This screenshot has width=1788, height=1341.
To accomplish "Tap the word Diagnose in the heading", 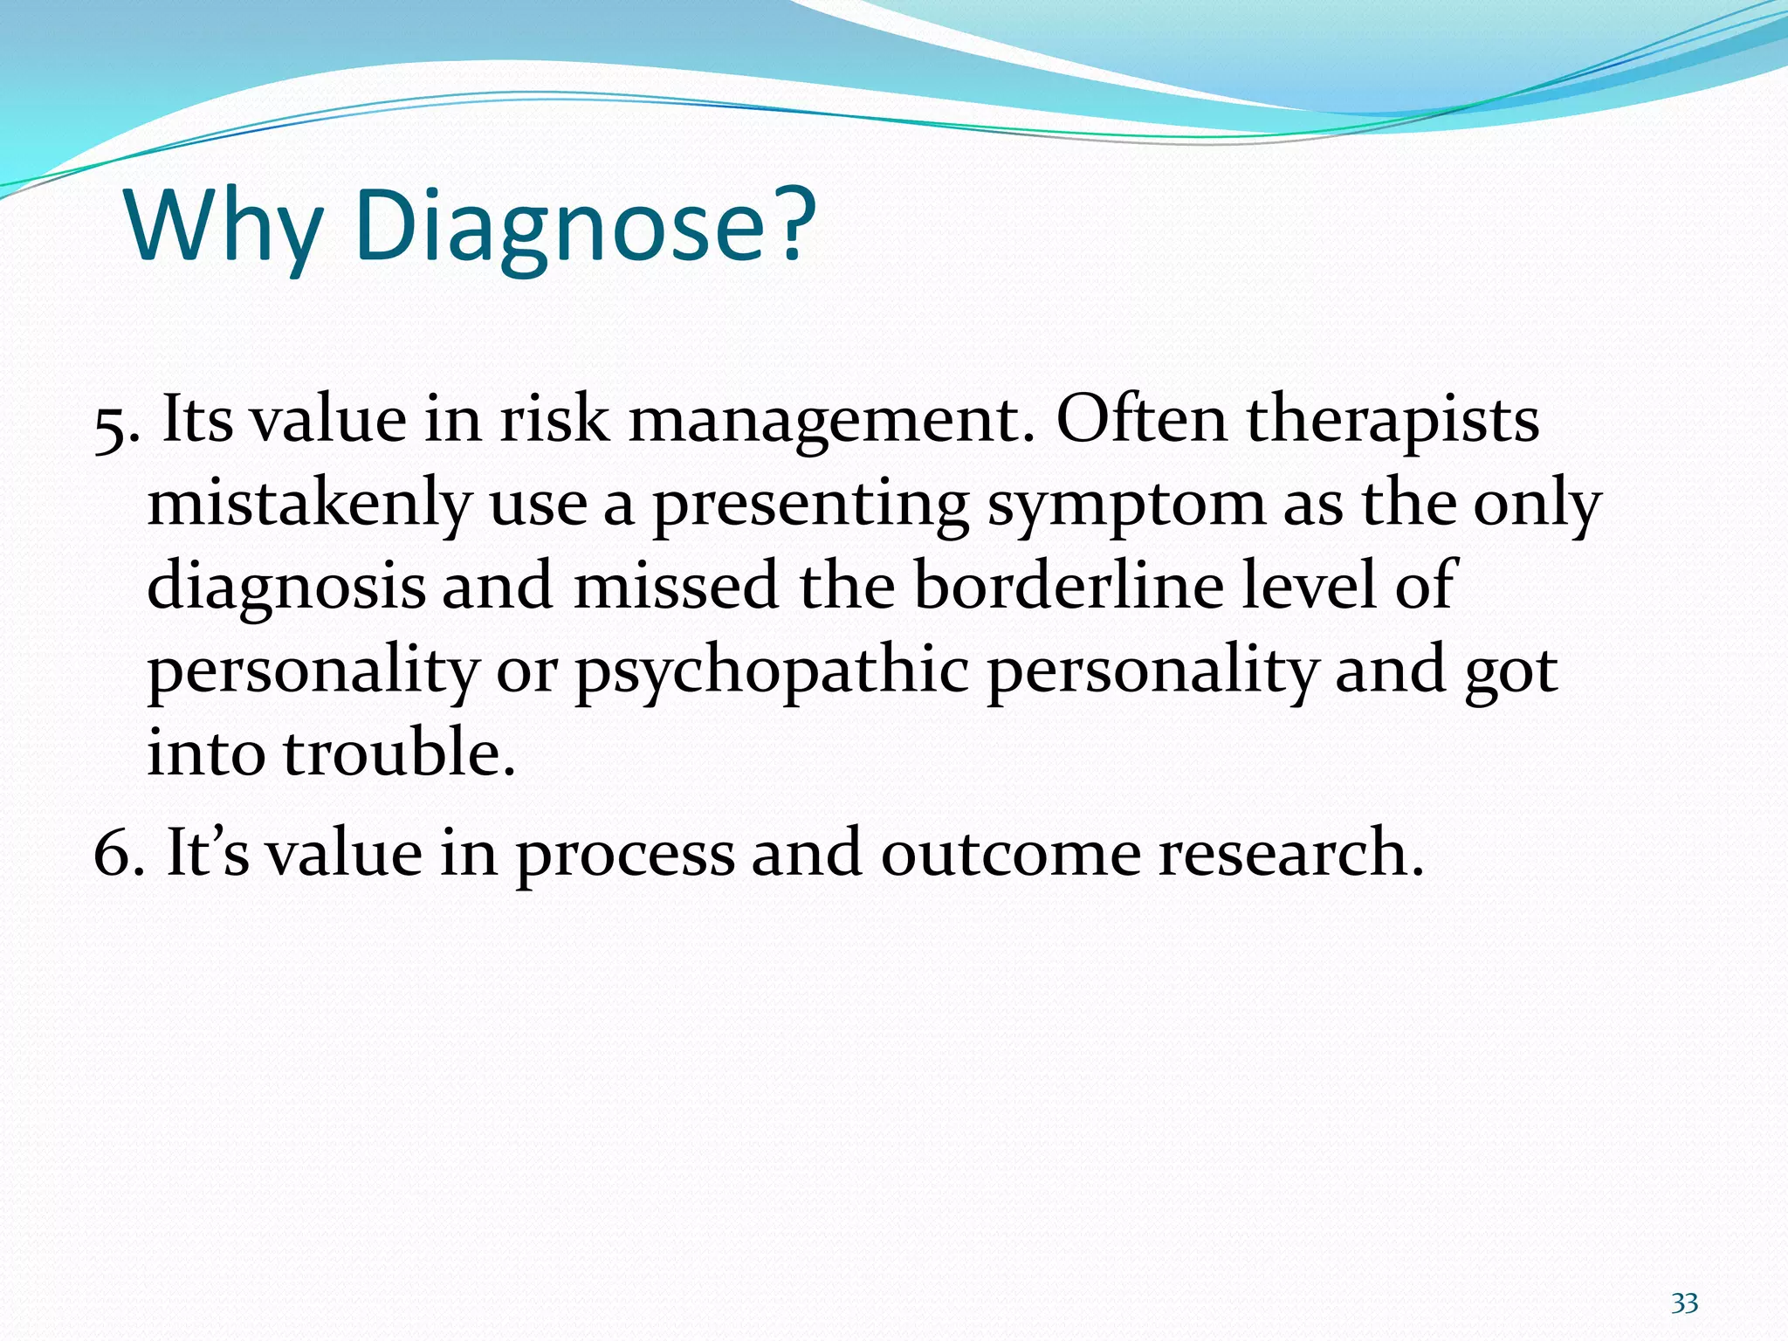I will click(559, 227).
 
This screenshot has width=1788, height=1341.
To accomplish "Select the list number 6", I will click(118, 853).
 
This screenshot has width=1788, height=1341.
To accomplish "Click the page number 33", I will click(1684, 1303).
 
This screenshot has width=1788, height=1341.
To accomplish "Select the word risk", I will click(554, 420).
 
